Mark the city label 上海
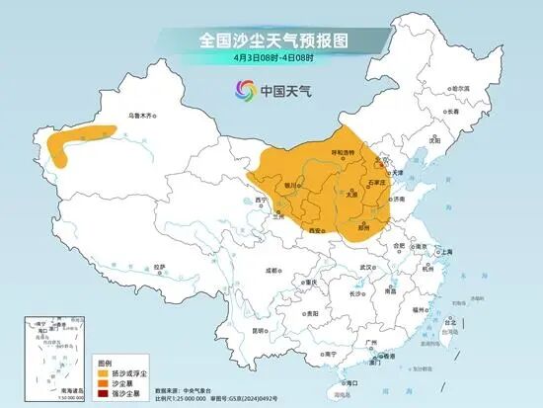click(x=446, y=252)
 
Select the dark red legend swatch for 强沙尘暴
click(x=102, y=393)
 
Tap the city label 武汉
click(x=367, y=266)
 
